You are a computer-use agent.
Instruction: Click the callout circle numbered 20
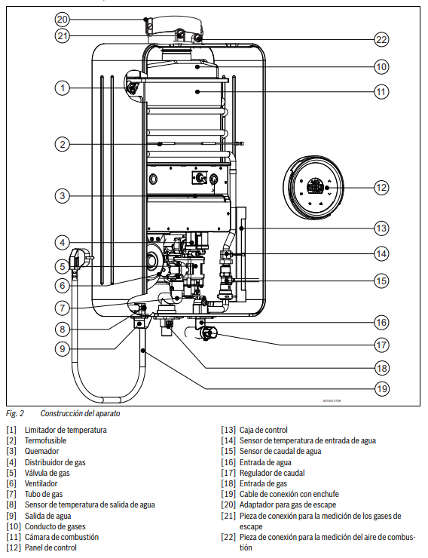[63, 19]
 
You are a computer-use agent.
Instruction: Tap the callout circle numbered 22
[381, 39]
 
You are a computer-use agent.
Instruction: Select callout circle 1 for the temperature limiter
[63, 87]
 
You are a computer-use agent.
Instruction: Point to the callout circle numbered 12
[381, 188]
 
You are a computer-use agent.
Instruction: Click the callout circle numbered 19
[382, 388]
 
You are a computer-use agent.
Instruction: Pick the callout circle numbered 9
[63, 348]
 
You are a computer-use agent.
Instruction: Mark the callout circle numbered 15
[381, 281]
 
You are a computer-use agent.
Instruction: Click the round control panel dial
[313, 187]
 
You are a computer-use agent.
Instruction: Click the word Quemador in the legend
[41, 451]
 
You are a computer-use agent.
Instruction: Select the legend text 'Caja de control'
[264, 430]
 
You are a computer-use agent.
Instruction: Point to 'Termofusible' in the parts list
[45, 440]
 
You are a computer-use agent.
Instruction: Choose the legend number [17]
[228, 473]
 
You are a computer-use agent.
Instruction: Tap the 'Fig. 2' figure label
[15, 413]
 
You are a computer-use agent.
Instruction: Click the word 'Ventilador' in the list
[41, 483]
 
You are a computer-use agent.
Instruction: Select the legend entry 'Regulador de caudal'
[272, 473]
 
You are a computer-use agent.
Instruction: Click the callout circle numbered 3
[63, 195]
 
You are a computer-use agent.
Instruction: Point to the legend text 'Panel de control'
[50, 547]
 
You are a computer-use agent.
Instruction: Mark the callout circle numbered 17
[381, 345]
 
